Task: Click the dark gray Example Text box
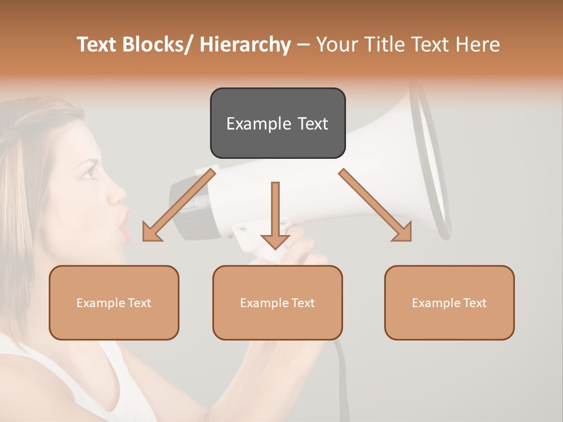pyautogui.click(x=277, y=123)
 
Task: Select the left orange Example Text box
pyautogui.click(x=114, y=302)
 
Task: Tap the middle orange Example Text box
pyautogui.click(x=277, y=302)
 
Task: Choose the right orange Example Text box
pyautogui.click(x=449, y=302)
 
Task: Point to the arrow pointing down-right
pyautogui.click(x=375, y=205)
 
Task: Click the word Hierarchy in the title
pyautogui.click(x=245, y=45)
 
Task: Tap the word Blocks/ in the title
pyautogui.click(x=157, y=45)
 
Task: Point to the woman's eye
pyautogui.click(x=89, y=172)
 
